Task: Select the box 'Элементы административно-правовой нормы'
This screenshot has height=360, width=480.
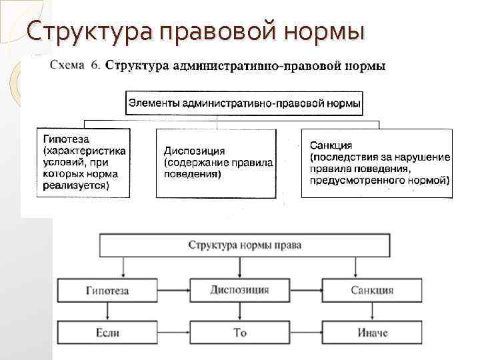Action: (245, 104)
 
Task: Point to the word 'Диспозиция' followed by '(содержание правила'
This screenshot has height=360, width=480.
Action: (194, 151)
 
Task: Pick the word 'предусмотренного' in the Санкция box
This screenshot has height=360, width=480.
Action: (359, 180)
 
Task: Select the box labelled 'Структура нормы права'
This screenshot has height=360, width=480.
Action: (245, 245)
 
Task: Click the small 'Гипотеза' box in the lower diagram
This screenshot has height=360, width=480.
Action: (108, 291)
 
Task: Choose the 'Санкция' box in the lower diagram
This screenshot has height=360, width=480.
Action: (372, 291)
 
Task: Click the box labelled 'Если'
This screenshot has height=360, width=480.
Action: (108, 332)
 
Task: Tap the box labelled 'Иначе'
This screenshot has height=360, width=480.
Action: (372, 332)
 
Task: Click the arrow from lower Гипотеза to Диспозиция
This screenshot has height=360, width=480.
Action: (174, 291)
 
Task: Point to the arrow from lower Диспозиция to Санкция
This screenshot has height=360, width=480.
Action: (306, 291)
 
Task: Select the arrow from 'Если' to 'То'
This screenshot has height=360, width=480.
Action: (174, 332)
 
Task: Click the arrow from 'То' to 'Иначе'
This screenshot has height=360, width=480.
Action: (306, 332)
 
